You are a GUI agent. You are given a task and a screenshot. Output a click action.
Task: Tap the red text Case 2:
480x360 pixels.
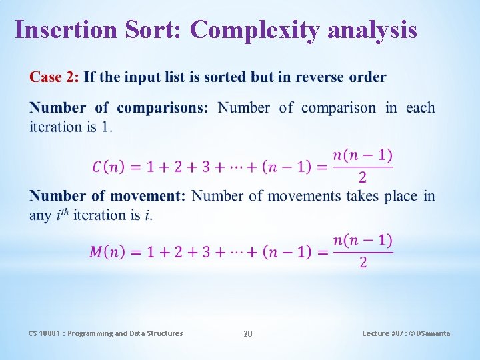(54, 77)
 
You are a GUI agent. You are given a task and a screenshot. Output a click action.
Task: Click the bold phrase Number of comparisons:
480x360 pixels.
(119, 108)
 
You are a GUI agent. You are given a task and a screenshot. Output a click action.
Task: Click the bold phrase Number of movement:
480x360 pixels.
(107, 196)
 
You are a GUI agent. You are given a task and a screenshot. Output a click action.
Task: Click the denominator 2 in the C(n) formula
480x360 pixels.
(363, 177)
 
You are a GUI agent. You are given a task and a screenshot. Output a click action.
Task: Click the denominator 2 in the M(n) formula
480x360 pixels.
(363, 263)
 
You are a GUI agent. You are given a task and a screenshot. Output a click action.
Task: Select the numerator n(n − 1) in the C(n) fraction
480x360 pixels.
(363, 155)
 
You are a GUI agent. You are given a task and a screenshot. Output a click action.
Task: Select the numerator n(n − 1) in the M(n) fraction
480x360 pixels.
(363, 240)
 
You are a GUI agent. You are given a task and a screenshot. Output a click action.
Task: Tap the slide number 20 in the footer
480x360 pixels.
(248, 333)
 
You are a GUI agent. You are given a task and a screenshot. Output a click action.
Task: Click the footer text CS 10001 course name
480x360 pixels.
(105, 333)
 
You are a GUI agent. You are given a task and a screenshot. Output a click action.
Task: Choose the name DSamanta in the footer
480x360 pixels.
(433, 333)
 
